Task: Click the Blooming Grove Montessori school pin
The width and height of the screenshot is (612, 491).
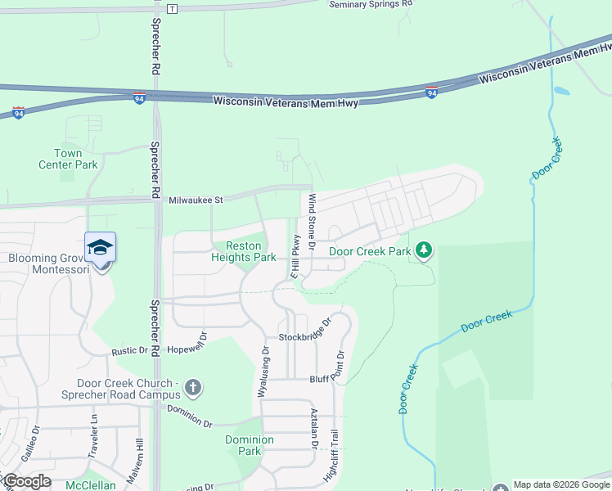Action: coord(100,246)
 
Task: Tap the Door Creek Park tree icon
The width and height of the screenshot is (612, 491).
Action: coord(423,250)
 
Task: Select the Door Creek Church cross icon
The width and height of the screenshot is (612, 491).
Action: coord(192,386)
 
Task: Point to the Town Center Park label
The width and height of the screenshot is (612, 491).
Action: coord(68,159)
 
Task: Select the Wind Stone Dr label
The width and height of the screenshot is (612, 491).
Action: coord(312,216)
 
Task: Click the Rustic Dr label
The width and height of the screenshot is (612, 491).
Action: coord(130,351)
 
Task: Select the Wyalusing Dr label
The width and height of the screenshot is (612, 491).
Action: coord(263,372)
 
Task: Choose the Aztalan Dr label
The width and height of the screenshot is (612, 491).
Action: coord(313,430)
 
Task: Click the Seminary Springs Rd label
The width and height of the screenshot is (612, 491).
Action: coord(370,5)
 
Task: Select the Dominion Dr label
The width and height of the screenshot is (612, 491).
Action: coord(190,417)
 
